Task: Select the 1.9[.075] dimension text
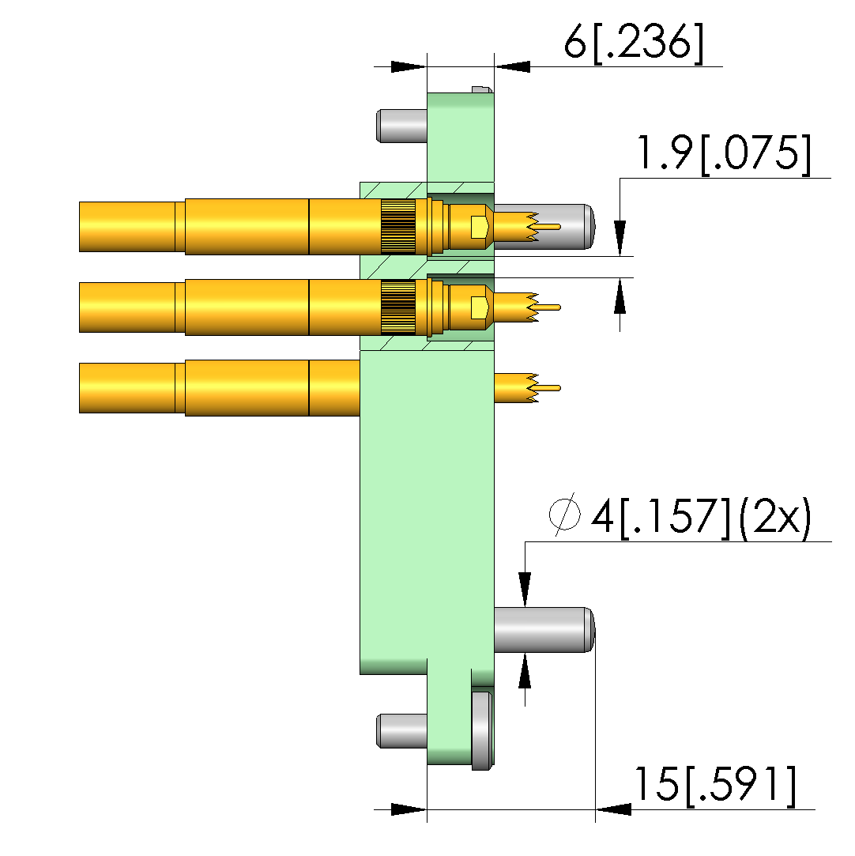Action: click(x=724, y=154)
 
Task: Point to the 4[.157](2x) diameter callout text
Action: click(x=702, y=517)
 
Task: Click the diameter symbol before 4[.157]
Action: click(x=565, y=514)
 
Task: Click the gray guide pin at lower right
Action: click(x=544, y=629)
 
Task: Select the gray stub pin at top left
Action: click(x=401, y=126)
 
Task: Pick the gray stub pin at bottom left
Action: click(x=401, y=731)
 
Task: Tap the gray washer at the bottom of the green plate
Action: click(x=482, y=731)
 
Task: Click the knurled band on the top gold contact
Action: click(x=397, y=227)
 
